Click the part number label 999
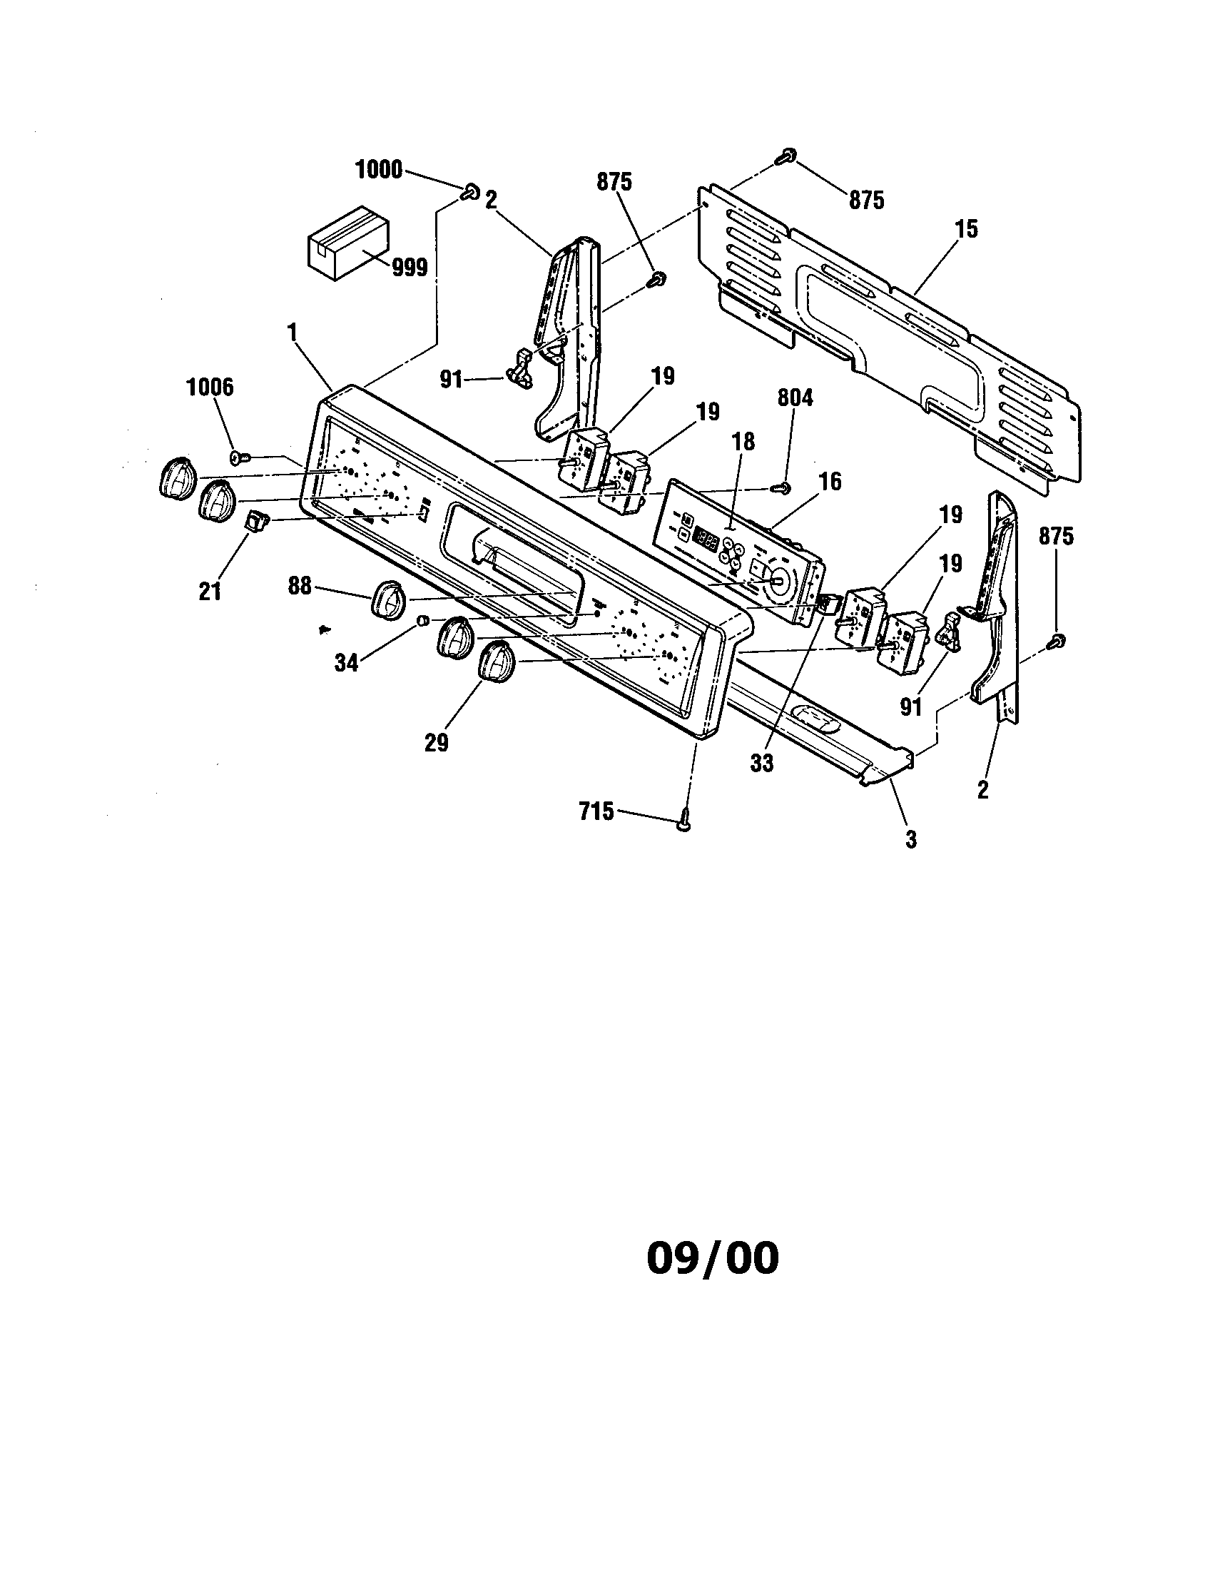(410, 268)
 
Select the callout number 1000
(380, 171)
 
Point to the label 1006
(210, 388)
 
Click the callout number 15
(967, 229)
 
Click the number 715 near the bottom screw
(596, 811)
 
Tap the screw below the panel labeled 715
(683, 821)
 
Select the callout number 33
(762, 764)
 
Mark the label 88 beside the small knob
(300, 586)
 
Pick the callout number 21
(210, 592)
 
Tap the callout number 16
(830, 481)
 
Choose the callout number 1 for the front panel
(292, 331)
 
